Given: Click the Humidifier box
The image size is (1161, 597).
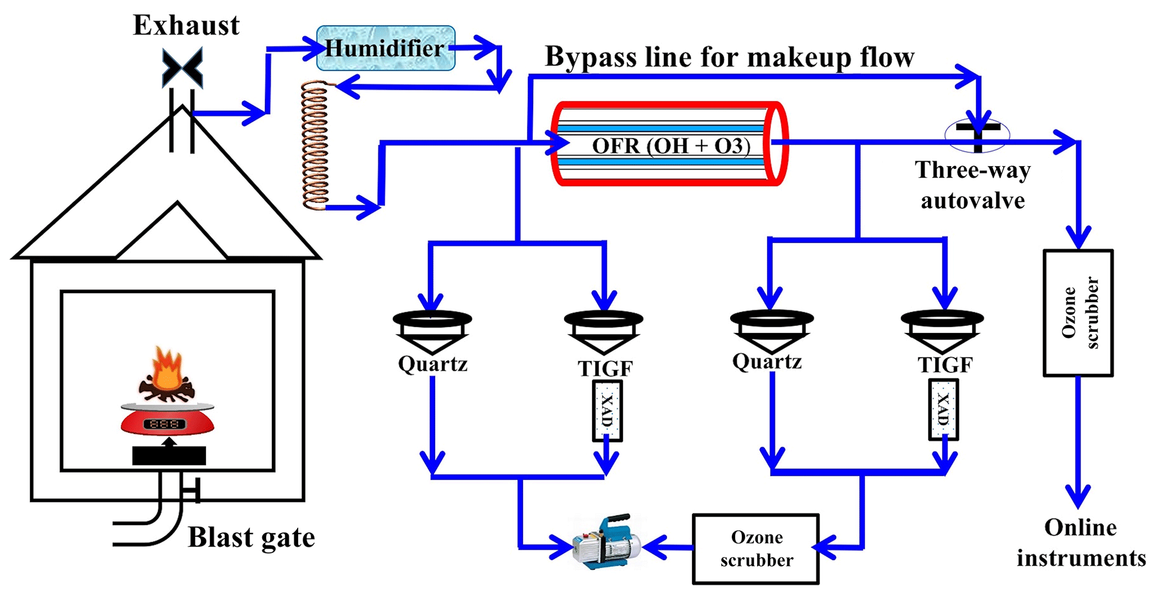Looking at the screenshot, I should click(385, 48).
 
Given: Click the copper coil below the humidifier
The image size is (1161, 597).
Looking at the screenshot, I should click(315, 146).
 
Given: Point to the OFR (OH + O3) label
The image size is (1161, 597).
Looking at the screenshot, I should click(671, 146).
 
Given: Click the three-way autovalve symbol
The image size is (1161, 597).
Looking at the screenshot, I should click(977, 135).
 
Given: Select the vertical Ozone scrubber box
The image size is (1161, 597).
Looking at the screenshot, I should click(1078, 313).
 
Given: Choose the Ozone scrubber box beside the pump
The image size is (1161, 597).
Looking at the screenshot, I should click(755, 549).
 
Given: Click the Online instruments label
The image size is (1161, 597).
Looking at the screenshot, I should click(1081, 543).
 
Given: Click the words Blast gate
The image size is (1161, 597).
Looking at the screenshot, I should click(251, 537).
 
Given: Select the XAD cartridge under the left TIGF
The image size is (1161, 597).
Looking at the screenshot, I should click(607, 411).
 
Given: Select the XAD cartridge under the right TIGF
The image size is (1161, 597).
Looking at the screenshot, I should click(943, 409).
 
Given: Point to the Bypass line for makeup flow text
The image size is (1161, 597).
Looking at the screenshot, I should click(729, 57).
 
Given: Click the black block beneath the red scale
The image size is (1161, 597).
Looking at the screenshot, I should click(169, 455).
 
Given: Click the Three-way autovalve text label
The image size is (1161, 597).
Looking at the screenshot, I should click(973, 185).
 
